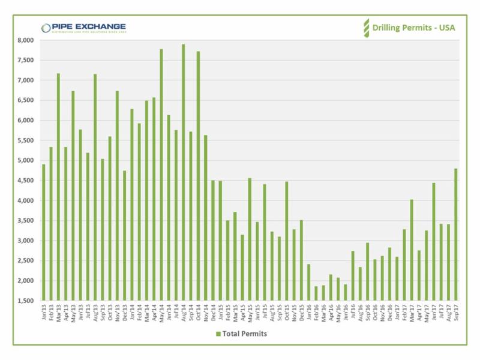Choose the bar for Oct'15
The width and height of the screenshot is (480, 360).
287,241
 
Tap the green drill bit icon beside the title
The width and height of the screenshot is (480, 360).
365,28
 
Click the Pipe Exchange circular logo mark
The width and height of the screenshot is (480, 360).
46,28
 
